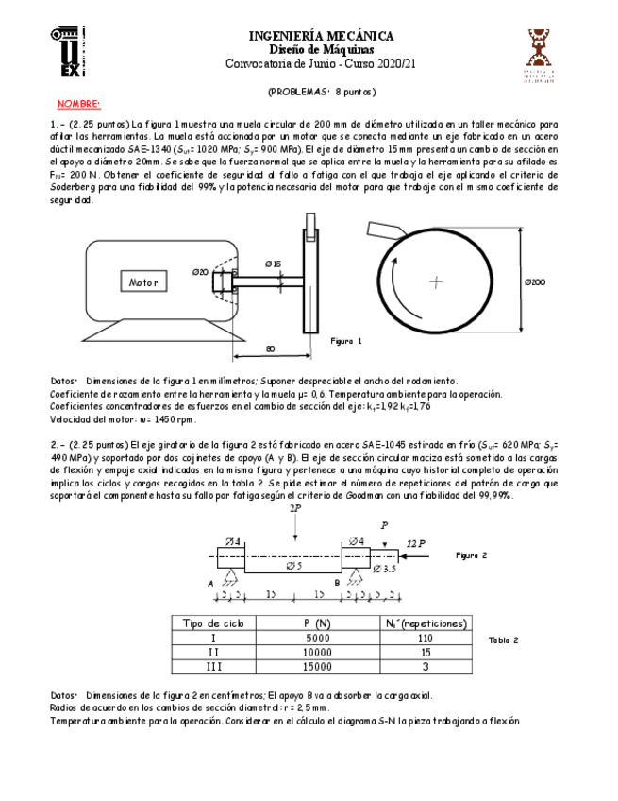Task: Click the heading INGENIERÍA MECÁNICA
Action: (x=321, y=36)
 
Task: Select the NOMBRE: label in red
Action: (x=78, y=103)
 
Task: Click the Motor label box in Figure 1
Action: (x=143, y=282)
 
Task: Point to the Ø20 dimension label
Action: (x=200, y=272)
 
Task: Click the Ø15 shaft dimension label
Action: (x=273, y=264)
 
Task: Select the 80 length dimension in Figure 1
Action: (x=271, y=349)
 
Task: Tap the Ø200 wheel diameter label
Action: (x=535, y=282)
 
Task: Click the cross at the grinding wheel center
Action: (x=435, y=281)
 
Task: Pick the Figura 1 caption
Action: (x=346, y=340)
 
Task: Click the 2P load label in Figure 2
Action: (x=295, y=508)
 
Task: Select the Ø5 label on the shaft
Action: (x=293, y=566)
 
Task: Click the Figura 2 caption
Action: (x=471, y=555)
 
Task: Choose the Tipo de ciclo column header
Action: (x=212, y=623)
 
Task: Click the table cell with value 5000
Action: (x=317, y=639)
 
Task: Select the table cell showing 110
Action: (x=423, y=639)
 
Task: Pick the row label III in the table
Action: (x=212, y=667)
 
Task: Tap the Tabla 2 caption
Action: (x=503, y=639)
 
